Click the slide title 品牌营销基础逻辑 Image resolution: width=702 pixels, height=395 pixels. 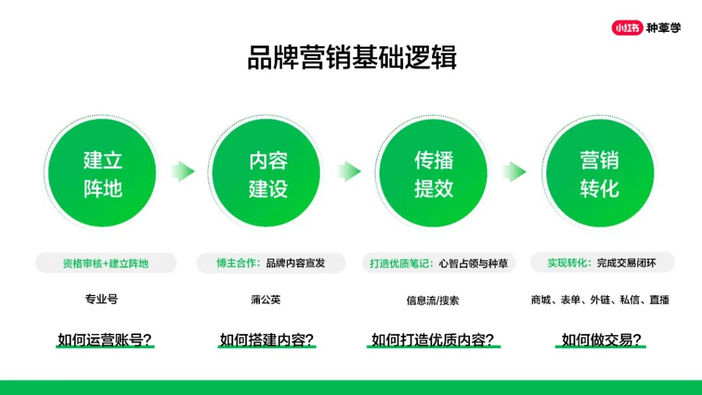coord(352,57)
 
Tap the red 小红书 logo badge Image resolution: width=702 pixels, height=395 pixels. coord(627,28)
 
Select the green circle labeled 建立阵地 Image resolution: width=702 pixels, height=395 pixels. coord(103,172)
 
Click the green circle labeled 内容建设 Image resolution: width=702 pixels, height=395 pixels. coord(266,172)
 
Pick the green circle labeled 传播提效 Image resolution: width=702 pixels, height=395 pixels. coord(434,172)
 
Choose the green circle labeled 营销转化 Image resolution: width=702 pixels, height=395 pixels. coord(600,172)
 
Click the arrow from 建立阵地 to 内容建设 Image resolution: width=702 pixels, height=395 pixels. coord(183,171)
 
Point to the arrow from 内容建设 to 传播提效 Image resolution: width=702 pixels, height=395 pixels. coord(349,171)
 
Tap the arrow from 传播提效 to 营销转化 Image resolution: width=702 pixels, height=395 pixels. coord(514,171)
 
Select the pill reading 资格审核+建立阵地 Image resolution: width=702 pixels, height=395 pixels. coord(106,263)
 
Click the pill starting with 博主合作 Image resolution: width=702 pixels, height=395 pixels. coord(271,263)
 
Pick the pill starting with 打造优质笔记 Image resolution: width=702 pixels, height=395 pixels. coord(439,263)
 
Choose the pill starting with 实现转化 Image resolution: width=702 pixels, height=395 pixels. coord(602,263)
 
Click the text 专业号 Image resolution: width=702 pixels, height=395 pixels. coord(101,299)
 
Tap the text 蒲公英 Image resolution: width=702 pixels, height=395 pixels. coord(266,299)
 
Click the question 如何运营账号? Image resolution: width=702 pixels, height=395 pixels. coord(105,340)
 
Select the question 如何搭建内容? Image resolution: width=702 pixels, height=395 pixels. coord(267,340)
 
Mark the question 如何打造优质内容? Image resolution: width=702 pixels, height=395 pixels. coord(434,340)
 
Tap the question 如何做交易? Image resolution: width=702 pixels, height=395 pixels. coord(601,340)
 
